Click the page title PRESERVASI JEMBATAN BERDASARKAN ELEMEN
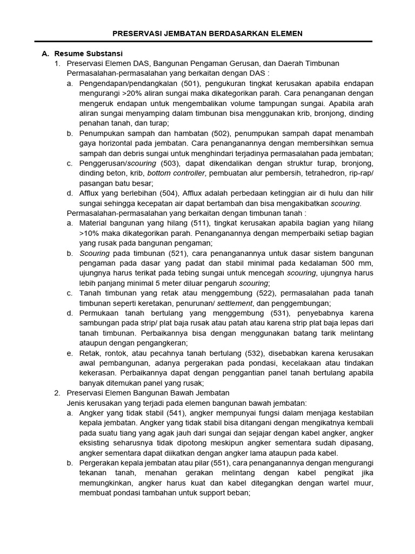pos(207,34)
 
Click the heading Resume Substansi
pos(89,54)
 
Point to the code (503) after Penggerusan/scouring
pos(169,163)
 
